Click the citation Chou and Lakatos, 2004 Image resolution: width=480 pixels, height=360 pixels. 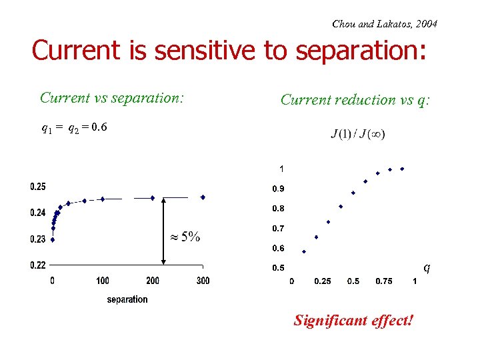pos(385,24)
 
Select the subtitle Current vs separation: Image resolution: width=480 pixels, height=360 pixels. pos(111,97)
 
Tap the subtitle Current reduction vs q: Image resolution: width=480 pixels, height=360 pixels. pos(356,99)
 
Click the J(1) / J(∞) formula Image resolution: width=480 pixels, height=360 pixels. pos(358,134)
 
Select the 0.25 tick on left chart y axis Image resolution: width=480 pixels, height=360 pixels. pos(37,186)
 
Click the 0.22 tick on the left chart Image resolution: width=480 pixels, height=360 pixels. pos(37,265)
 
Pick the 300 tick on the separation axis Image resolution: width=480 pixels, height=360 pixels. pos(203,281)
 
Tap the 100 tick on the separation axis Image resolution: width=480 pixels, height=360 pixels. pos(103,281)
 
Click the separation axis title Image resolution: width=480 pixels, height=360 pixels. pos(127,299)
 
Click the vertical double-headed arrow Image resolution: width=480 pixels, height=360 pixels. pos(164,231)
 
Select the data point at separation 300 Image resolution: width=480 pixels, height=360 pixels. pos(203,197)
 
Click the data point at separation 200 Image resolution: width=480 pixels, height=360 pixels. pos(153,197)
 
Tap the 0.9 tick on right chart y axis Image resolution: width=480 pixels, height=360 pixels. pos(278,189)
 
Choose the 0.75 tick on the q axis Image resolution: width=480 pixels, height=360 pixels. pos(384,281)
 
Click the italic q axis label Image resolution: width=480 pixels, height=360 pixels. pos(427,267)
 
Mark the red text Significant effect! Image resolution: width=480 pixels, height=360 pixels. pos(353,321)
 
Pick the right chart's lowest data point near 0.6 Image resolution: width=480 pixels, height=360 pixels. pos(304,251)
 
